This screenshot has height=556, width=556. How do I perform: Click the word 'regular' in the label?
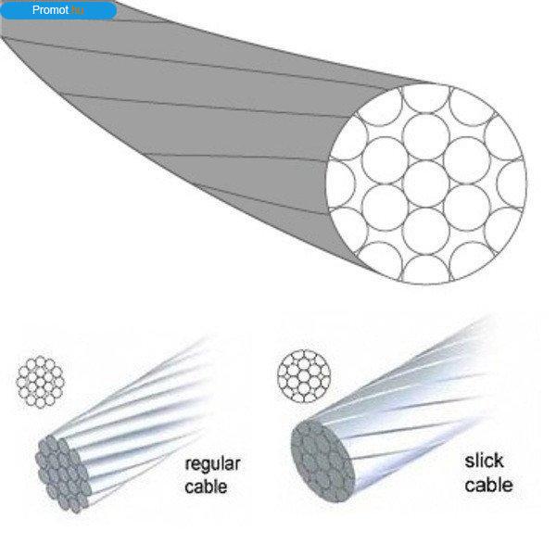pos(213,465)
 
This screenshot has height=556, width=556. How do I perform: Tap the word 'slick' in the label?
pos(484,461)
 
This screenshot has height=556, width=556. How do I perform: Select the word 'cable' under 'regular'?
pos(206,486)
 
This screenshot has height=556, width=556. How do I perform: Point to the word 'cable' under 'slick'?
pos(488,485)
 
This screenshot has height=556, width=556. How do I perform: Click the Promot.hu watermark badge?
pos(58,10)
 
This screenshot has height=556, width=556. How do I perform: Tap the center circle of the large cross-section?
pos(426,183)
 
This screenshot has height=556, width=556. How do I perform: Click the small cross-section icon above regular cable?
pos(40,382)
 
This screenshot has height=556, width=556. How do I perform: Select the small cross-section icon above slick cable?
pos(304,376)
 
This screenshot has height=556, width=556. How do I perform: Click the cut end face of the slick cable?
pos(322,461)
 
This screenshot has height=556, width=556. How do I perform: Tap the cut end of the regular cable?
pos(63,474)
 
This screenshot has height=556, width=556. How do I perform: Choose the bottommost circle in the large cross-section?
pos(426,270)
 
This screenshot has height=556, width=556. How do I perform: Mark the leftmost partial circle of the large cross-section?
pos(340,183)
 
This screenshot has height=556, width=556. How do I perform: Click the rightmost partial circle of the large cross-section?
pos(512,183)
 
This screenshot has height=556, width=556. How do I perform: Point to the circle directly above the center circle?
pos(426,137)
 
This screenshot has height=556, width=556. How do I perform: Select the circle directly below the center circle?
pos(426,231)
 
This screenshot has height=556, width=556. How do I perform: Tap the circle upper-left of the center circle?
pos(385,160)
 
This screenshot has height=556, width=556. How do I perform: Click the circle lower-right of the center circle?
pos(467,208)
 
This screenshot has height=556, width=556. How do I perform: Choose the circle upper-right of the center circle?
pos(467,160)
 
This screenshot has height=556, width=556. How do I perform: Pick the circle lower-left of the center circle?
pos(385,208)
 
